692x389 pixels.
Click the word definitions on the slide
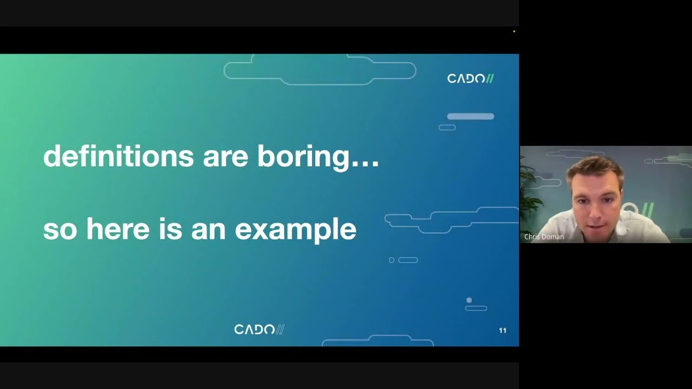coord(118,156)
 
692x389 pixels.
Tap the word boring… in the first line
coord(318,157)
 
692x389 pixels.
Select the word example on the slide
coord(295,230)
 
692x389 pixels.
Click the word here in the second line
coord(118,229)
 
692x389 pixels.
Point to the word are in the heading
coord(225,157)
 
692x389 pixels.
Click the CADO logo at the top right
coord(470,79)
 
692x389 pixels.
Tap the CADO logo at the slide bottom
coord(259,330)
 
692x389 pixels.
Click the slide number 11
coord(502,330)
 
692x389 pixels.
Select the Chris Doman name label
coord(544,237)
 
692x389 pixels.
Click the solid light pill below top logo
coord(470,116)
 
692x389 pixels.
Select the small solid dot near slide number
coord(469,300)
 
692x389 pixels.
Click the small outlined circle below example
coord(392,260)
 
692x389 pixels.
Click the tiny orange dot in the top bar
coord(514,31)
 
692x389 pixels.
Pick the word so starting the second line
coord(59,230)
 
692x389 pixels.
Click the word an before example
coord(208,230)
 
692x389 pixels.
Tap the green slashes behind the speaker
coord(648,210)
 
